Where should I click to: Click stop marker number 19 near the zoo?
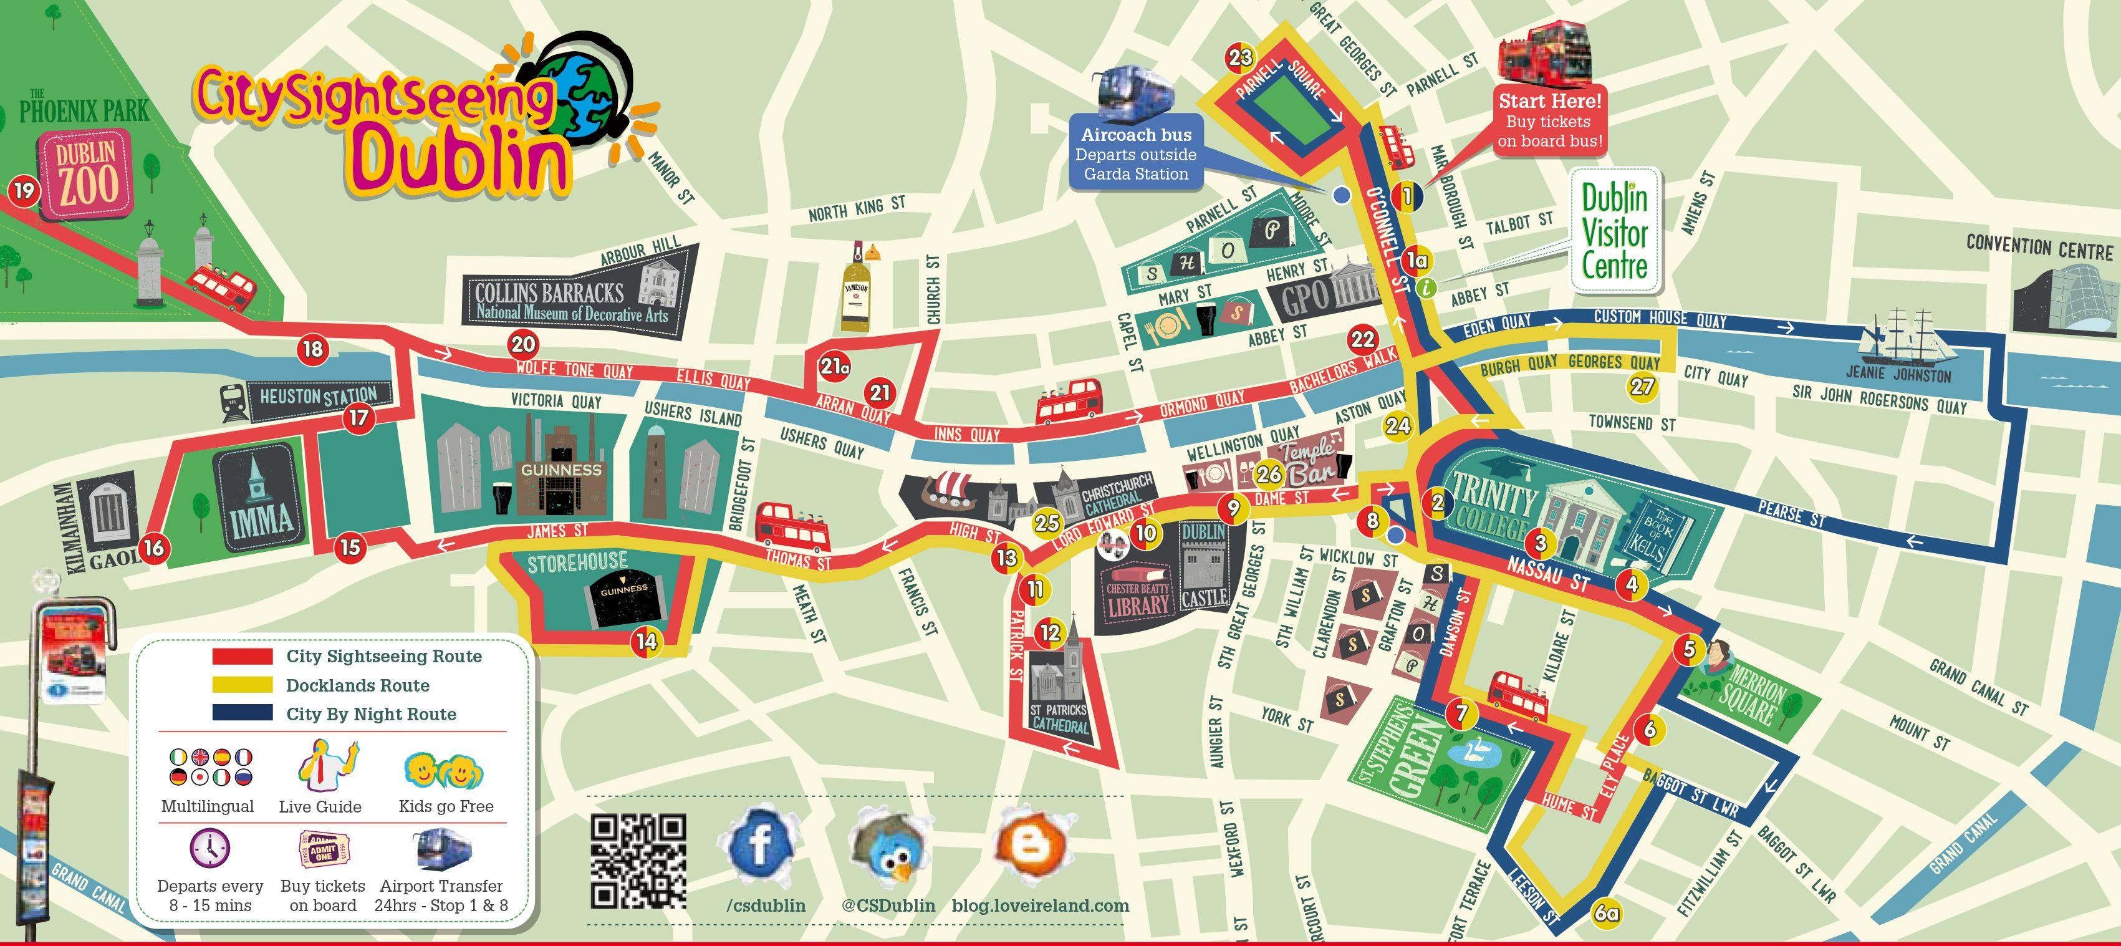[24, 191]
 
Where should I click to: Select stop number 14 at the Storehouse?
[647, 640]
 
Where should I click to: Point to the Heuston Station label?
[318, 397]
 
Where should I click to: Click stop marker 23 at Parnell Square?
[1241, 57]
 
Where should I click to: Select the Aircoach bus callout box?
[1135, 155]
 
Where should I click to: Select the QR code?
[638, 861]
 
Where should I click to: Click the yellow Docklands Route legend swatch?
[242, 685]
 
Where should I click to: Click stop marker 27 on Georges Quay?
[1642, 386]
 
